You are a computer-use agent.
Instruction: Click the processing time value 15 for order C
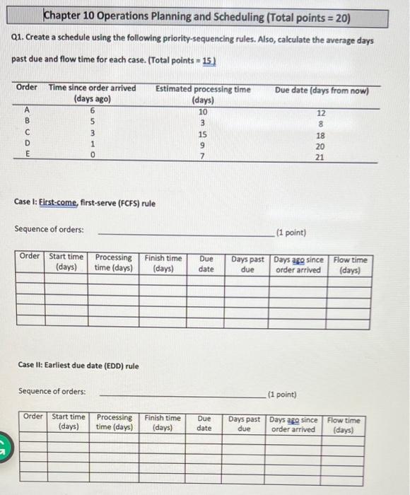click(x=203, y=134)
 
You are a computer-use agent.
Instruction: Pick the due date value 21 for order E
click(x=320, y=158)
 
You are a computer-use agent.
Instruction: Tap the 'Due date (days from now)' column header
click(x=320, y=90)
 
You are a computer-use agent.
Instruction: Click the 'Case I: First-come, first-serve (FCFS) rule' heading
click(x=85, y=204)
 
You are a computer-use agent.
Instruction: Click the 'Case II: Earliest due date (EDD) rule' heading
click(x=78, y=366)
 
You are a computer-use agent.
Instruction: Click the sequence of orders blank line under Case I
click(x=180, y=234)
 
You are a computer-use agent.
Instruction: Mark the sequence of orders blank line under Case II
click(x=180, y=396)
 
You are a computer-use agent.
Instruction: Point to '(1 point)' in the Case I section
click(x=292, y=231)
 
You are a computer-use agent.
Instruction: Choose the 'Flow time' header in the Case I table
click(x=351, y=264)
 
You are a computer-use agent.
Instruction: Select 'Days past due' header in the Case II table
click(x=244, y=424)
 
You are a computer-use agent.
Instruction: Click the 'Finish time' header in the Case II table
click(x=163, y=423)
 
